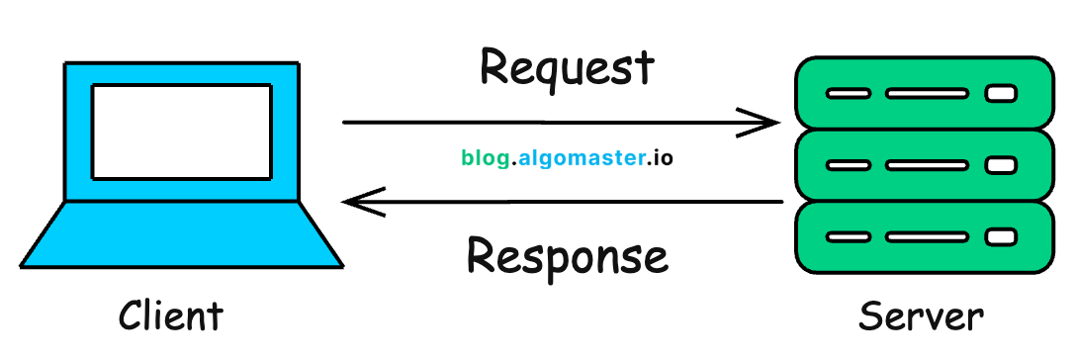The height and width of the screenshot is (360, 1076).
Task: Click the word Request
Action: pos(567,69)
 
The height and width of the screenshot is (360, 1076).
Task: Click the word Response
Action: pos(567,256)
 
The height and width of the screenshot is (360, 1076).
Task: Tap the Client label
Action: pos(170,316)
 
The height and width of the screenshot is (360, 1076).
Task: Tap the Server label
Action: pos(921,316)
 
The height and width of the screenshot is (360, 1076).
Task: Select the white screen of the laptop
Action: pos(181,132)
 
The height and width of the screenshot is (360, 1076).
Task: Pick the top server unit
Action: pos(922,93)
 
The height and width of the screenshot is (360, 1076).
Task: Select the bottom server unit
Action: pos(922,237)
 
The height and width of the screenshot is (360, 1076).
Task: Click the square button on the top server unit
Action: pos(1001,94)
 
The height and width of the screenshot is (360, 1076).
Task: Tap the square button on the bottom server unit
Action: pos(1001,237)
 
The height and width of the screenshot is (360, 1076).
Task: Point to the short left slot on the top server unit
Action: pos(849,94)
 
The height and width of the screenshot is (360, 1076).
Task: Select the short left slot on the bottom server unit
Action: pos(849,237)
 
